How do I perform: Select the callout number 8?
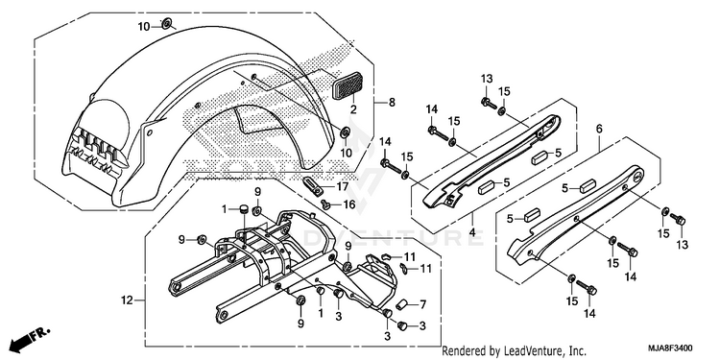[392, 103]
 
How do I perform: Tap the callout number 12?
[127, 300]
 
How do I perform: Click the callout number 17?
[342, 187]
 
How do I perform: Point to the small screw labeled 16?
[326, 204]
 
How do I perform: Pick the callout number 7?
[422, 304]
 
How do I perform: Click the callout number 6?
[599, 129]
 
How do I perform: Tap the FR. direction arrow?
[29, 339]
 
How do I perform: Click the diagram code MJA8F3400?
[670, 348]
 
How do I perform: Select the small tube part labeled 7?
[402, 303]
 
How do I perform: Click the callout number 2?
[353, 109]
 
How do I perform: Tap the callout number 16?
[349, 204]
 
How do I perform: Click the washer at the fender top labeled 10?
[166, 22]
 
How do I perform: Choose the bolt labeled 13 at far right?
[678, 219]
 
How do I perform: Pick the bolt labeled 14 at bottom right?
[587, 287]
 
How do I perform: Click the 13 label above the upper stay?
[487, 79]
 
